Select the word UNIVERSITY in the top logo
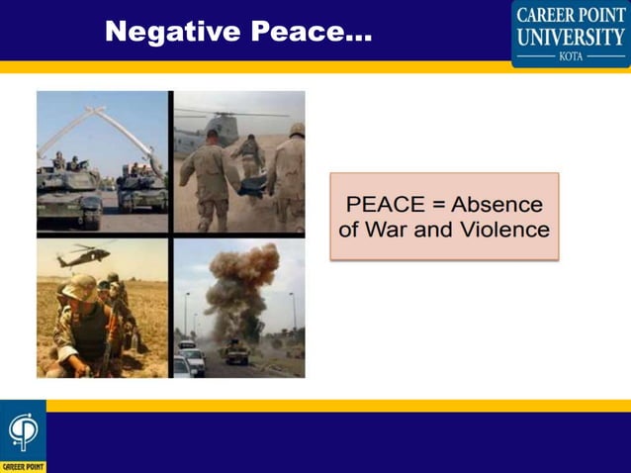click(x=571, y=37)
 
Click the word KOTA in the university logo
click(x=571, y=57)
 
